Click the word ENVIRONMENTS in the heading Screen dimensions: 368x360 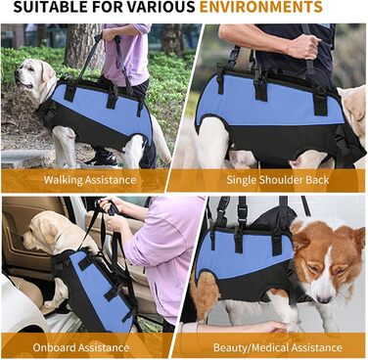(x=260, y=7)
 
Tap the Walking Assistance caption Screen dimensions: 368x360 (x=90, y=180)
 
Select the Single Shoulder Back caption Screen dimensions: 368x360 (x=278, y=180)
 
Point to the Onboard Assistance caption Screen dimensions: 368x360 (x=80, y=347)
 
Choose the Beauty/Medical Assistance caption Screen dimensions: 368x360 (x=278, y=347)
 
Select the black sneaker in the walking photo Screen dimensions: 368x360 (x=102, y=158)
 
